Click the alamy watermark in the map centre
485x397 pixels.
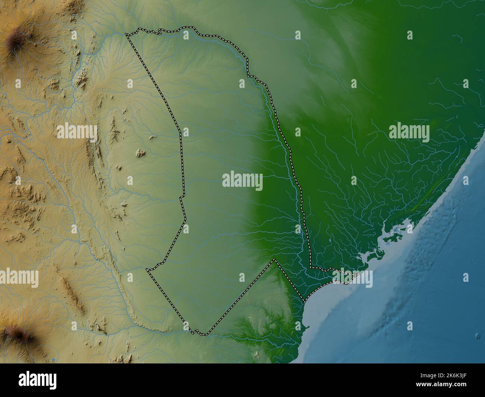[242, 181]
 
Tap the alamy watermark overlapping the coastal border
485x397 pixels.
[353, 278]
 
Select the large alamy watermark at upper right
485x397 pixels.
[409, 132]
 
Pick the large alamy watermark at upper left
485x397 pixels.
[77, 132]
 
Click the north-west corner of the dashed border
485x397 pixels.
[126, 35]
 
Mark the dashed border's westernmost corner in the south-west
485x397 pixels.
[148, 269]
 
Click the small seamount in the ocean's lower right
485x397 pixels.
[478, 336]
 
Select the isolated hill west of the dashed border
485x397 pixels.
[140, 152]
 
